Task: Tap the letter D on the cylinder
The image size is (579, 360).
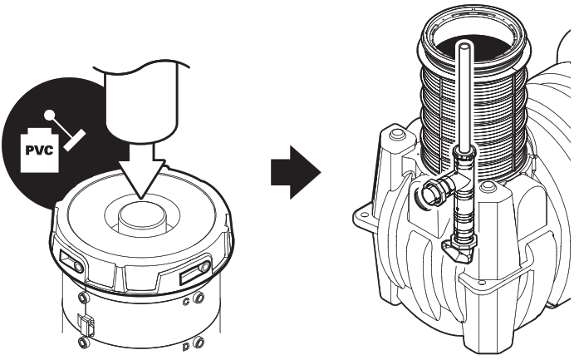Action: click(x=184, y=343)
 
